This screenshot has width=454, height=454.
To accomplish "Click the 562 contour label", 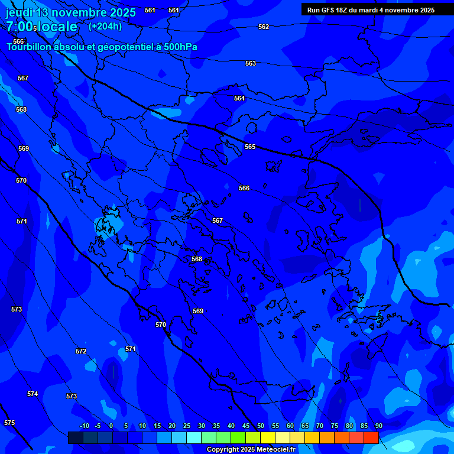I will [x=264, y=27].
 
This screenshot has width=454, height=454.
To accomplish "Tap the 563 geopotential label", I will [x=251, y=63].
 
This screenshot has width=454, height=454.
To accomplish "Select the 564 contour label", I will [x=239, y=98].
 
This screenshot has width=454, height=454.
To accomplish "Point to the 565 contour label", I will [x=250, y=147].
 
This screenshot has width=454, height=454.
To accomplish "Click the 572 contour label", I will [x=81, y=351].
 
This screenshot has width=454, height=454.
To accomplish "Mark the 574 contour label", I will [x=33, y=394].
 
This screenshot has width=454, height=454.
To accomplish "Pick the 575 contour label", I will [x=9, y=423].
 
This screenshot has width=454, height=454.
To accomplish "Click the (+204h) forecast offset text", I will [x=105, y=26].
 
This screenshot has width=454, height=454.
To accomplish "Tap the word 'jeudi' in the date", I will [x=19, y=12].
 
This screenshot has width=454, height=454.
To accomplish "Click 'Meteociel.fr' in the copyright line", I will [x=273, y=449].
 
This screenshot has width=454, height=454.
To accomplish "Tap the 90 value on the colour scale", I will [x=378, y=426].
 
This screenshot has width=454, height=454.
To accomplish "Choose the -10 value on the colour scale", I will [x=84, y=426].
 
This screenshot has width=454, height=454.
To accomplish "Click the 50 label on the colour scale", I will [x=261, y=426].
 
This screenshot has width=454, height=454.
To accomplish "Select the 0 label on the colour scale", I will [x=111, y=426].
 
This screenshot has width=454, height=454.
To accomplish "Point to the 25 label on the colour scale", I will [x=187, y=426].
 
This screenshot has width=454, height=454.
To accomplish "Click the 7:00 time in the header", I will [x=20, y=27].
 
